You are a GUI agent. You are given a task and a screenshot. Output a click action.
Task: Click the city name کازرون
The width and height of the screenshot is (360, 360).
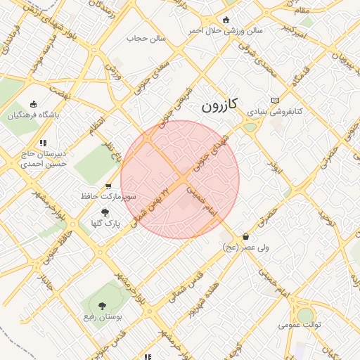point(220,105)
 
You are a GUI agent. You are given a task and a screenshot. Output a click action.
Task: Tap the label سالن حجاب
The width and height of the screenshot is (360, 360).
point(146,38)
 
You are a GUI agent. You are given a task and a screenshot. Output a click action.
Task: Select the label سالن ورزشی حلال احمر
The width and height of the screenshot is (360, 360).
point(225,31)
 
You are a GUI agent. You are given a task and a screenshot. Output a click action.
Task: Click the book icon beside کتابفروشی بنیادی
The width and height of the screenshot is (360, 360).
point(275,100)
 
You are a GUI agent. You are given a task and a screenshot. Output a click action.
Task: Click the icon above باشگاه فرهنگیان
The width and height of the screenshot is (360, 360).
point(33,104)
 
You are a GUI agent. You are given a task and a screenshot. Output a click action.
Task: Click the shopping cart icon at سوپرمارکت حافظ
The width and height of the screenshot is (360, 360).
point(108,186)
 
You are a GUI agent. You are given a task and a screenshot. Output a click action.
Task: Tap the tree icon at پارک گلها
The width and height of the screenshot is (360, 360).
point(105,212)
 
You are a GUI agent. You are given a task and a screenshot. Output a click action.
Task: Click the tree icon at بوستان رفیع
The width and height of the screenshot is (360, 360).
point(103,306)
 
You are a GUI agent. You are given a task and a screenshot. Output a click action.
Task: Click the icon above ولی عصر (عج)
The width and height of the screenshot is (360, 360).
point(245,236)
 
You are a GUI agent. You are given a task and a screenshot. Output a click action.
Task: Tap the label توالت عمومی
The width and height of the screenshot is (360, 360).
point(300,325)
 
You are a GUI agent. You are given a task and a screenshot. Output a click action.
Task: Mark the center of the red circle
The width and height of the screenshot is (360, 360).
point(180,179)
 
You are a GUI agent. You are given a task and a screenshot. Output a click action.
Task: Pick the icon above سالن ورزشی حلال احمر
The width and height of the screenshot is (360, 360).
point(225,20)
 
